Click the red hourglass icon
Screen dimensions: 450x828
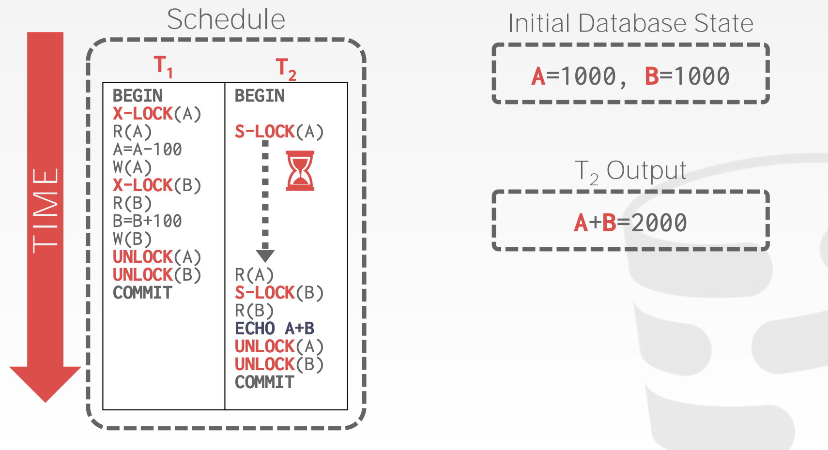click(x=300, y=170)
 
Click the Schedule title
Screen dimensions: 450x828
click(x=226, y=20)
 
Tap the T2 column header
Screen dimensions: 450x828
click(x=286, y=68)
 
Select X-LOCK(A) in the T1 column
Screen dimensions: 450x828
click(x=157, y=114)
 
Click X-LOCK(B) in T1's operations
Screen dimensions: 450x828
click(x=157, y=185)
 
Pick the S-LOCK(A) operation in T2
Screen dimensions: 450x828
click(x=279, y=132)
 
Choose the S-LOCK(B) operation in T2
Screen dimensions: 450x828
click(x=279, y=293)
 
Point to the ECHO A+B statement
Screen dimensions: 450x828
click(x=275, y=329)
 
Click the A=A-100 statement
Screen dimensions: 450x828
click(x=147, y=150)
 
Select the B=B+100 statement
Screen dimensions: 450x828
click(x=147, y=221)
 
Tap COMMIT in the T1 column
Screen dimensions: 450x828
click(x=142, y=293)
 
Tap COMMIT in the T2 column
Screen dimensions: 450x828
click(x=264, y=382)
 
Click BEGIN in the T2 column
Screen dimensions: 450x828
click(x=260, y=96)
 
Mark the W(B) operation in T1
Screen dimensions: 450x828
click(x=132, y=239)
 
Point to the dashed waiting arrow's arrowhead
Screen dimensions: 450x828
click(x=265, y=255)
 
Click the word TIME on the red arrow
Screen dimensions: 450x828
click(x=45, y=210)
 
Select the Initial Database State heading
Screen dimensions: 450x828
click(x=630, y=23)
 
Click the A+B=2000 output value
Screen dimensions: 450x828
click(x=630, y=223)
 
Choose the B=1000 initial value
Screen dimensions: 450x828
click(x=687, y=76)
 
